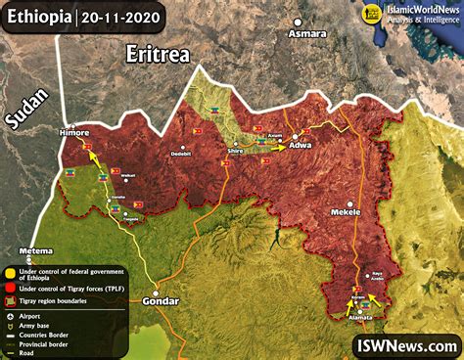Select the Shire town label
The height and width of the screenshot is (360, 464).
pyautogui.click(x=235, y=153)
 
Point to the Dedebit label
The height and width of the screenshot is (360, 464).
pyautogui.click(x=181, y=154)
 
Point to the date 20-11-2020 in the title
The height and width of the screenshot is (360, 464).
pyautogui.click(x=123, y=16)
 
